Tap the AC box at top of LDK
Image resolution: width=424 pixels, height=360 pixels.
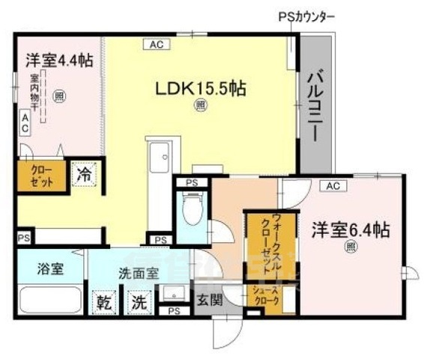157,45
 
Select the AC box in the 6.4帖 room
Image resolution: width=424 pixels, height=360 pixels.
333,185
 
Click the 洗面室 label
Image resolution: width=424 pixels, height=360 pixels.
138,274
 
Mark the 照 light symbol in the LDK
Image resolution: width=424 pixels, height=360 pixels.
200,106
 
